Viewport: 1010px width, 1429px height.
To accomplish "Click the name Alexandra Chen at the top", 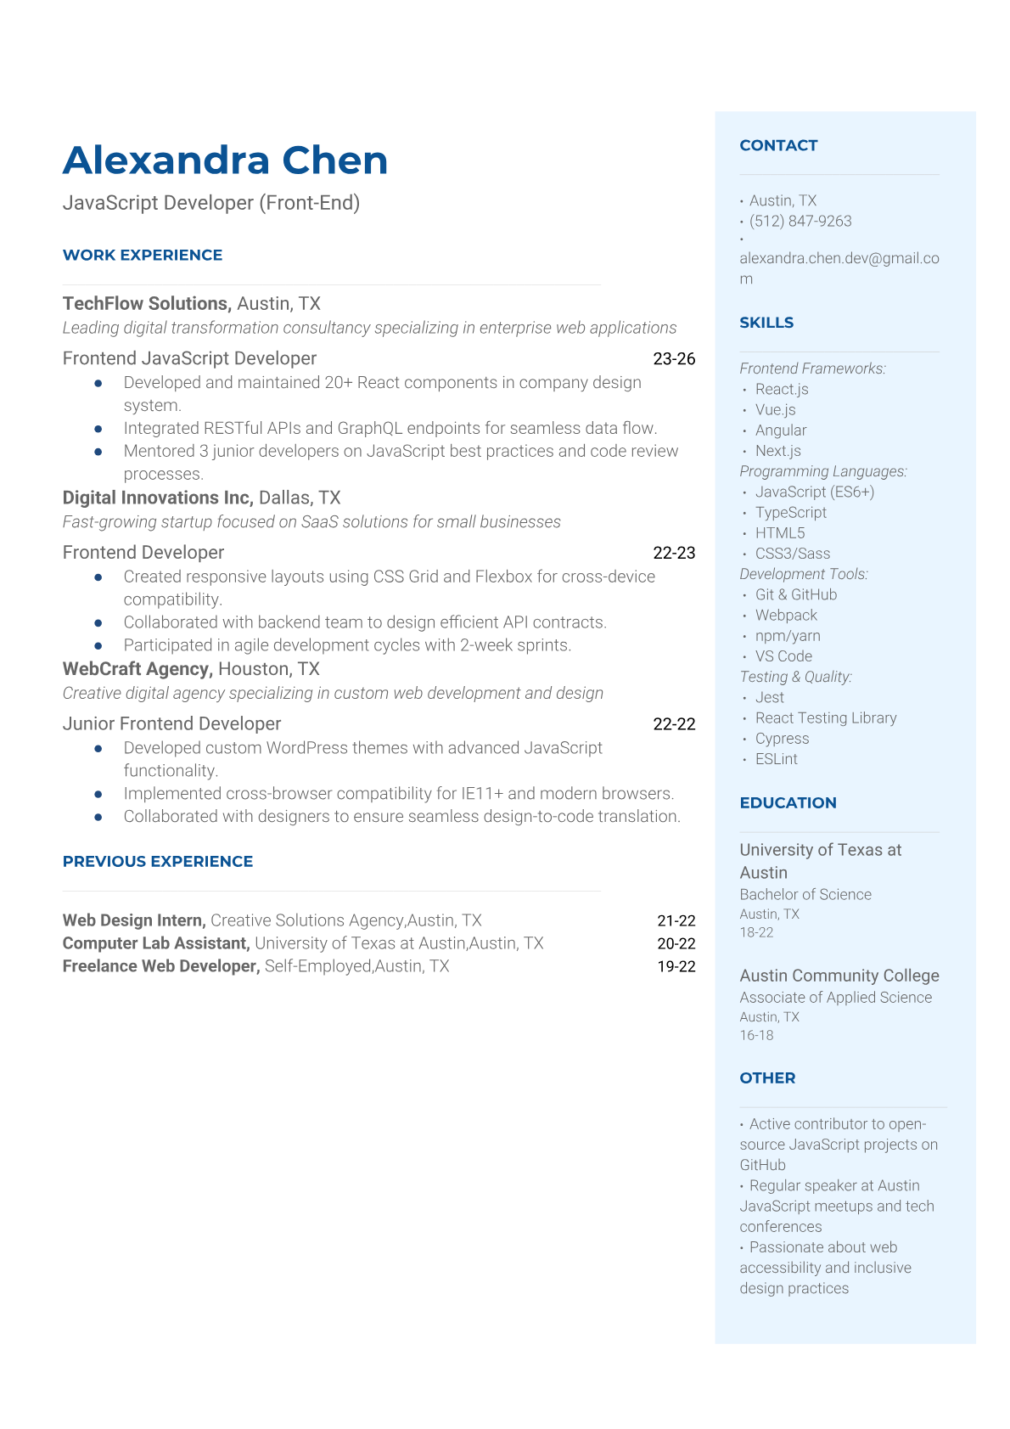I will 225,160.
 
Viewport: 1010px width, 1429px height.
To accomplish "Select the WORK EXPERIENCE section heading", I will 143,255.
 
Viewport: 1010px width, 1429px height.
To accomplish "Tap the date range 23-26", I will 674,359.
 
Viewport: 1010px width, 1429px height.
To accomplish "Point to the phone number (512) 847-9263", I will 800,221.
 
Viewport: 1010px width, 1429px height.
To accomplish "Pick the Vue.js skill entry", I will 775,410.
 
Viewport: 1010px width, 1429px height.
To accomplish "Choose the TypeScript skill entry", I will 790,513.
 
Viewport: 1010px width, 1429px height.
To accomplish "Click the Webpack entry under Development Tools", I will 786,616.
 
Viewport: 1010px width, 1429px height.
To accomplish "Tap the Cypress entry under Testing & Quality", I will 782,739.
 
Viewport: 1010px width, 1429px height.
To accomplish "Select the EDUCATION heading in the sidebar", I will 788,803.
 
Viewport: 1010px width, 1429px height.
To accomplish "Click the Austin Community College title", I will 839,976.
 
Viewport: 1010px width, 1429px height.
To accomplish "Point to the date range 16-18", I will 756,1035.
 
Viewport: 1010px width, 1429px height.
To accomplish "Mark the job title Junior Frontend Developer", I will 171,723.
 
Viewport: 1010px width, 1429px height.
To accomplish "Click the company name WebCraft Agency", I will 136,669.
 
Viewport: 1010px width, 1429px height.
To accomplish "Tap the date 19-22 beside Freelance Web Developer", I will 676,966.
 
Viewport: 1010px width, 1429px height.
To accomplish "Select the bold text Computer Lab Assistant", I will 155,943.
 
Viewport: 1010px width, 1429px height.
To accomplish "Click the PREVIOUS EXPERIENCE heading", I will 158,862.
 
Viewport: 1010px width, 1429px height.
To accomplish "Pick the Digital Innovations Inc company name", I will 157,498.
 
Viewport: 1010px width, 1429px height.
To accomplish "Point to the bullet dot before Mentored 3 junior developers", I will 98,452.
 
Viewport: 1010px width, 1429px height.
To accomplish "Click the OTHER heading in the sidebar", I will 767,1078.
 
